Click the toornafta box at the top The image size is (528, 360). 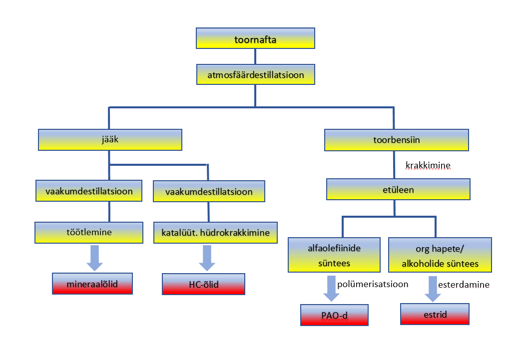point(255,38)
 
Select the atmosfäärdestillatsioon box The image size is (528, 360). point(255,75)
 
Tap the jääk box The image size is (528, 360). point(110,140)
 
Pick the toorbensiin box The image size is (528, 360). point(397,140)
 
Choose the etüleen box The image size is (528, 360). point(398,190)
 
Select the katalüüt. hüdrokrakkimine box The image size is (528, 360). point(215,233)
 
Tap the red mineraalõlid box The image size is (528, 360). point(93,284)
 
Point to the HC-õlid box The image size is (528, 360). point(203,284)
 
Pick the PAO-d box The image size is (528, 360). point(334,315)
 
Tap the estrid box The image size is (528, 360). point(434,314)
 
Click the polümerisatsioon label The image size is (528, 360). point(373,284)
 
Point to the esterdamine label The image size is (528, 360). point(463,284)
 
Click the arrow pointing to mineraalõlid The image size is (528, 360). point(93,257)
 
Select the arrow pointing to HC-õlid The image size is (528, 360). point(206,257)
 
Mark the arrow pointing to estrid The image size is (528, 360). point(433,289)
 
